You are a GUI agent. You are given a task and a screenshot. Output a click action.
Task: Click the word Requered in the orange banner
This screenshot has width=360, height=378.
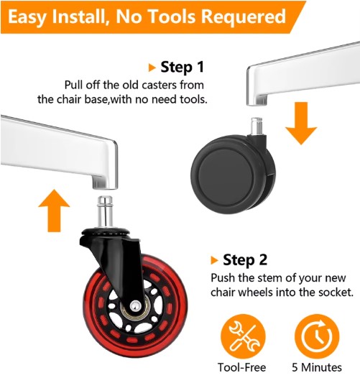[x=244, y=17]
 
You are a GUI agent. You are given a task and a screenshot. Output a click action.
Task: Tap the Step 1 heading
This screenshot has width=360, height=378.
[x=183, y=67]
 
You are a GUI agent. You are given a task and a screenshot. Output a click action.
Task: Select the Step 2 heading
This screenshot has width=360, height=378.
[x=245, y=259]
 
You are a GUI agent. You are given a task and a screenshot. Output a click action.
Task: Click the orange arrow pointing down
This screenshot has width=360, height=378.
[x=301, y=123]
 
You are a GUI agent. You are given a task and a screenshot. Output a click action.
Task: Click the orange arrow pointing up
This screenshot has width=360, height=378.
[x=54, y=211]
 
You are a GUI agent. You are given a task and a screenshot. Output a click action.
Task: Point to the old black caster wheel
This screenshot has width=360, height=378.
[x=233, y=175]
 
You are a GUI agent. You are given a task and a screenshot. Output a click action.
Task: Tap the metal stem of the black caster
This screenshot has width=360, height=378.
[x=257, y=126]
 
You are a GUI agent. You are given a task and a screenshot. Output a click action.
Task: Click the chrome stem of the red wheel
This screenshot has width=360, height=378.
[x=105, y=212]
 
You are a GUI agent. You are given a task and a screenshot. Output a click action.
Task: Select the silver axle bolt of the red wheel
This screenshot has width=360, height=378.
[x=135, y=306]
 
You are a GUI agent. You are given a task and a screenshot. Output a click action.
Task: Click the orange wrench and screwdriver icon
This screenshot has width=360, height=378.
[x=243, y=336]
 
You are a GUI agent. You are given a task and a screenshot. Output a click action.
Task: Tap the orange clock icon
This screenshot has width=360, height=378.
[x=317, y=336]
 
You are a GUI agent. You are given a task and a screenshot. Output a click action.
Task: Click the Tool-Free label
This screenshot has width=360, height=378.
[x=241, y=367]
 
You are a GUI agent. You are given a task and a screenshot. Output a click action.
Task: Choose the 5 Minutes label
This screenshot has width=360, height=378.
[x=317, y=367]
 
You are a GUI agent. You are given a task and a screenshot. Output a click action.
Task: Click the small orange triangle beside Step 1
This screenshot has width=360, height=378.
[x=152, y=68]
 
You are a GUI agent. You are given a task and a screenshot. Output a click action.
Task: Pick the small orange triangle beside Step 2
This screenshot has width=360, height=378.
[x=214, y=260]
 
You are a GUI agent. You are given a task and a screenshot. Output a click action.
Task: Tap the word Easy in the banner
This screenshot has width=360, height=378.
[x=27, y=17]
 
